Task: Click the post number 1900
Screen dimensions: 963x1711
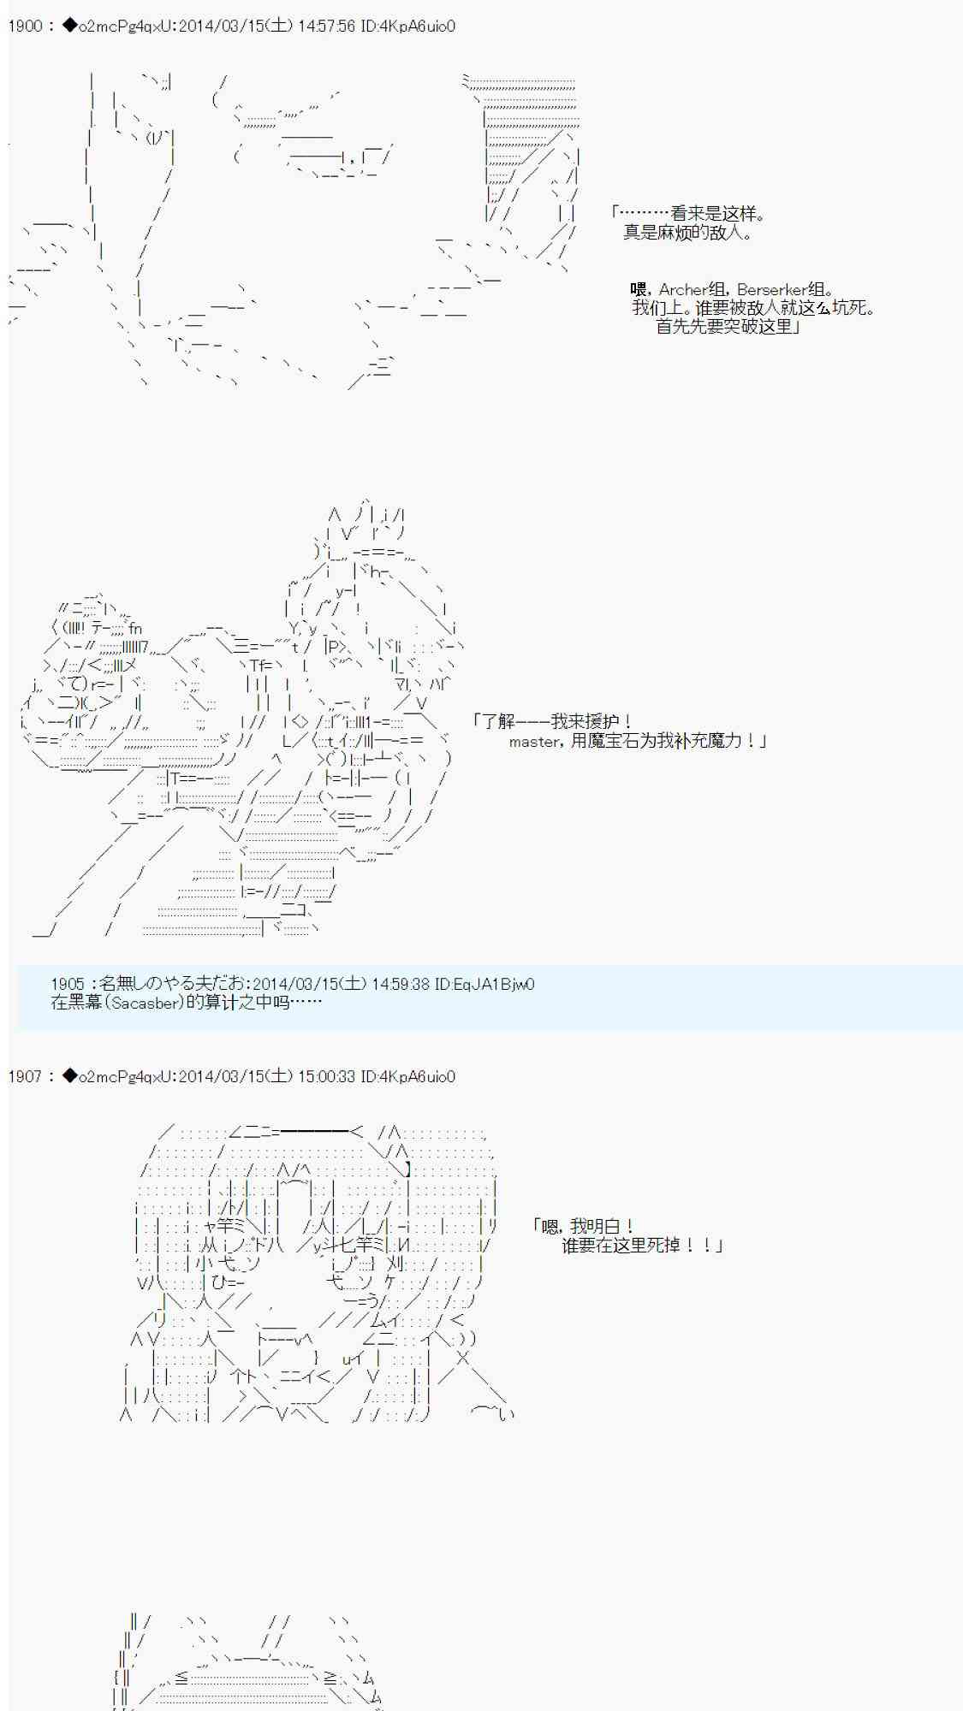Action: coord(25,27)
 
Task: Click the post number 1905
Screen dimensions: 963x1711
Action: coord(68,985)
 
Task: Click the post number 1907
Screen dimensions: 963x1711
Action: coord(25,1077)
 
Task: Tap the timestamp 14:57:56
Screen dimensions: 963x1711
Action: coord(326,27)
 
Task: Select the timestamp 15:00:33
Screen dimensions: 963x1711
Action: coord(326,1077)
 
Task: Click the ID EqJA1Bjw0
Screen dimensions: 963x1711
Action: coord(484,985)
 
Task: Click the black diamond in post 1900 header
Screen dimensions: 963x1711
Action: coord(70,27)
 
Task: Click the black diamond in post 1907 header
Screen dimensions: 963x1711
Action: coord(70,1077)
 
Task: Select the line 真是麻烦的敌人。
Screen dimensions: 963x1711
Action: coord(688,233)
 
